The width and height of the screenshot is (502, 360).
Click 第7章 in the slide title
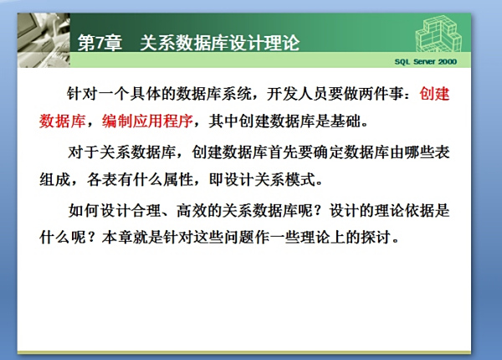[x=100, y=43]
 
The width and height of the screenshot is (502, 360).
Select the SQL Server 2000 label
[x=426, y=62]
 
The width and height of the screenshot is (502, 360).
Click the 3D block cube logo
[x=438, y=34]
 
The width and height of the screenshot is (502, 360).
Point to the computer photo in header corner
[x=44, y=40]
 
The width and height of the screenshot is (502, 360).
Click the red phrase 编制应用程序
[x=147, y=121]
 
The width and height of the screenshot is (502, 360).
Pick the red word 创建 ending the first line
[x=434, y=94]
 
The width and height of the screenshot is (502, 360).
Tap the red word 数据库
[x=63, y=121]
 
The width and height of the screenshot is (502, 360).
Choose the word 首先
[x=283, y=152]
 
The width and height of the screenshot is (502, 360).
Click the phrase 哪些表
[x=427, y=152]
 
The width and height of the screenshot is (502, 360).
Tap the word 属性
[x=178, y=179]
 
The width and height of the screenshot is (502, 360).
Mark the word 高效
[x=192, y=210]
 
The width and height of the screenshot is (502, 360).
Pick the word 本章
[x=117, y=237]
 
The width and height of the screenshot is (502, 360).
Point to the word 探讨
[x=376, y=237]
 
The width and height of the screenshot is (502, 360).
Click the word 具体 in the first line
[x=145, y=94]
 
